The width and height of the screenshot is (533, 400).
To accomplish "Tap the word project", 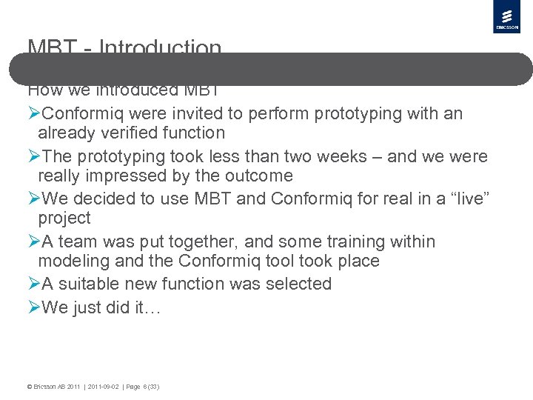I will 64,219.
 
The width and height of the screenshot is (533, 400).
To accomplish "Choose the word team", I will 77,242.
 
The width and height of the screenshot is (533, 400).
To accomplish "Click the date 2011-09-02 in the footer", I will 104,387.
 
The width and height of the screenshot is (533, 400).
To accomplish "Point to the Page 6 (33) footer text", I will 142,387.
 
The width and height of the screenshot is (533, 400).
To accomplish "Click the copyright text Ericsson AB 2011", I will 53,387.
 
